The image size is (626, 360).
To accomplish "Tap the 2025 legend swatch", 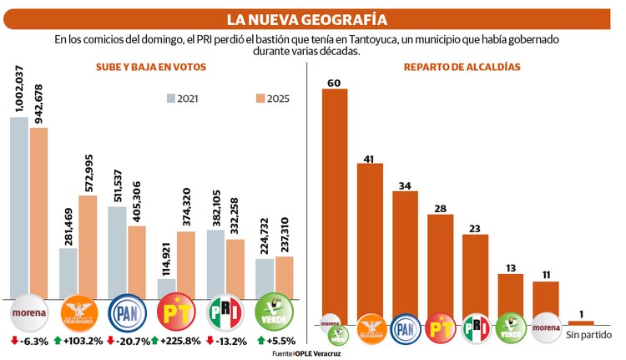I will pos(261,98).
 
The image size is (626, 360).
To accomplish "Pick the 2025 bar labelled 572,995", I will pos(88,246).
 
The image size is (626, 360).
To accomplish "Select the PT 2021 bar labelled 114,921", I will pos(166,288).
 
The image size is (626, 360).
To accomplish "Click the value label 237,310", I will pos(285,231).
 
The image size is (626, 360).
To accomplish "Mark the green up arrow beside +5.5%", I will pos(260,341).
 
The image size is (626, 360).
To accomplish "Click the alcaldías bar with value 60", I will pos(335,205).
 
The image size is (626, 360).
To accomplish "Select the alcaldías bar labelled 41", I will pos(370,242).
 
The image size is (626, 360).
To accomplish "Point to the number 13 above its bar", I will pos(510,267).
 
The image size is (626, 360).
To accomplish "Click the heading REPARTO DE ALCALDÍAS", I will pos(464,67).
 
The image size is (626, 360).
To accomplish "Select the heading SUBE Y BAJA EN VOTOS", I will pos(146,67).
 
